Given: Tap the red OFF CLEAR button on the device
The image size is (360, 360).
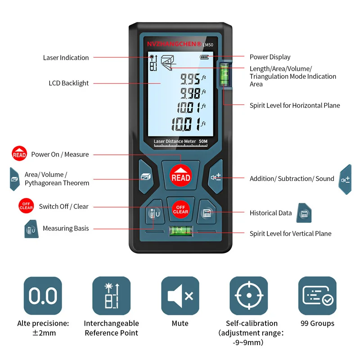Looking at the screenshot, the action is click(x=180, y=208).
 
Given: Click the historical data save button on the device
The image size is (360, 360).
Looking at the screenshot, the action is click(x=207, y=213).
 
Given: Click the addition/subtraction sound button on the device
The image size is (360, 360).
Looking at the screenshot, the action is click(x=215, y=177).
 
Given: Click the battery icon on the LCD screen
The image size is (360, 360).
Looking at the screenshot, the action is click(x=205, y=57).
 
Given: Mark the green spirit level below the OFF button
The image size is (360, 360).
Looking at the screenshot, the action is click(x=180, y=232).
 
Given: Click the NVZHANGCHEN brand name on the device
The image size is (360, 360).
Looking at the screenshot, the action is click(x=174, y=44).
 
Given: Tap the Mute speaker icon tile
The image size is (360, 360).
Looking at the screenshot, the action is click(x=180, y=296).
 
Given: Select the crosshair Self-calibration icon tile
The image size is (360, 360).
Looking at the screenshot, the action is click(x=248, y=296).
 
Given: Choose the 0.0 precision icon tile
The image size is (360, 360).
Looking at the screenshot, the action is click(x=43, y=296).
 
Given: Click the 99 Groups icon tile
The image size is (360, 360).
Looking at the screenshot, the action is click(x=317, y=296).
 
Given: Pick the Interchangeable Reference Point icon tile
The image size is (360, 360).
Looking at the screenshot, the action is click(x=111, y=296).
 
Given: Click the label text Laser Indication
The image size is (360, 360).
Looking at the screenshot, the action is click(x=66, y=58).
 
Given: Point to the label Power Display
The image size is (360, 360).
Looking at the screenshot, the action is click(x=270, y=57).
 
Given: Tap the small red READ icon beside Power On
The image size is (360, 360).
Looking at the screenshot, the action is click(x=19, y=154).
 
